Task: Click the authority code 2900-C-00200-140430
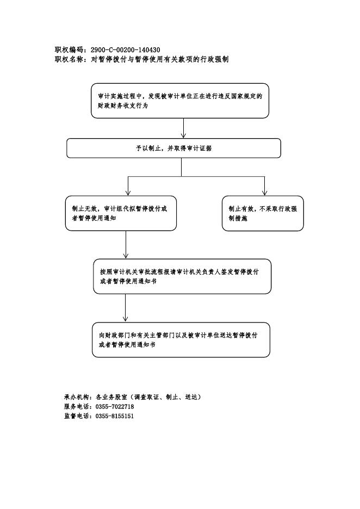[125, 50]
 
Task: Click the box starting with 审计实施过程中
[180, 101]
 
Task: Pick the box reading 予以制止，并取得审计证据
[173, 148]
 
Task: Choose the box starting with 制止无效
[121, 213]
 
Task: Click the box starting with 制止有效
[263, 213]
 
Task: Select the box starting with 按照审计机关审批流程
[182, 276]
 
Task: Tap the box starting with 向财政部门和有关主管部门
[181, 340]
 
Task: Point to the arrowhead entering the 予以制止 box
[183, 136]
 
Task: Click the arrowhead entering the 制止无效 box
[128, 193]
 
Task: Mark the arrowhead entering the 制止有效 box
[265, 193]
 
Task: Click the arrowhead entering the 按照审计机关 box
[126, 256]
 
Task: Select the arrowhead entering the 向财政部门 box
[125, 319]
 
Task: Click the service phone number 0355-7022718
[115, 407]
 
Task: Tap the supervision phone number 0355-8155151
[115, 416]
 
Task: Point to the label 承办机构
[76, 397]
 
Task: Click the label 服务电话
[76, 407]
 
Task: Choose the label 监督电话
[76, 416]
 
